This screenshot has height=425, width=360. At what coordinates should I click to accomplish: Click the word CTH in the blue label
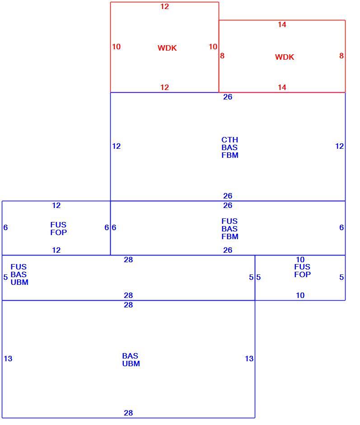click(x=230, y=140)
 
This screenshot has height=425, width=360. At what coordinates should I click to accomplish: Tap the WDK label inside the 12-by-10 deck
click(x=167, y=48)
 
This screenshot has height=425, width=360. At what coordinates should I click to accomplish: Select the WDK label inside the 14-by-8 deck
click(x=285, y=57)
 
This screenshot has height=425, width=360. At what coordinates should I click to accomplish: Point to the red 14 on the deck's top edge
click(x=282, y=25)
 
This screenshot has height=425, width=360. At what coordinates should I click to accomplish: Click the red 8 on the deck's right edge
click(x=341, y=56)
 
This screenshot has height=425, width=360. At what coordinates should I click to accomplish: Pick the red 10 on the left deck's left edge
click(x=116, y=47)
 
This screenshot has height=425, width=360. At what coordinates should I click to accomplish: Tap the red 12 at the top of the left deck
click(x=164, y=6)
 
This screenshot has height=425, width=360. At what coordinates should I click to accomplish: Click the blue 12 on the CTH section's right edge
click(x=339, y=146)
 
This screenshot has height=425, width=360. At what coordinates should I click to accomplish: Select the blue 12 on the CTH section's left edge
click(x=116, y=146)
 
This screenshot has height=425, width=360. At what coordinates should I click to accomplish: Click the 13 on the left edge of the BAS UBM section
click(x=8, y=359)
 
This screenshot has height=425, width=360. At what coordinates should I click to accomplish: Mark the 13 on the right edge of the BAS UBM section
click(x=249, y=359)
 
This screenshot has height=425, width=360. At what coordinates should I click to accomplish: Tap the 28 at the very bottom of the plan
click(x=128, y=413)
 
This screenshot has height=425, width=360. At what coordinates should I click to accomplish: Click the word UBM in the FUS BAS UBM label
click(x=19, y=283)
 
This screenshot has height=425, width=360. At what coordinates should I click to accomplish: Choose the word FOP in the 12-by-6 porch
click(x=59, y=232)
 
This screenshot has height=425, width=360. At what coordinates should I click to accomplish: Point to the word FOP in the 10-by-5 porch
click(x=302, y=274)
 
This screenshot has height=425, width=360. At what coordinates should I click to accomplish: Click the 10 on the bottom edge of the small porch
click(x=300, y=295)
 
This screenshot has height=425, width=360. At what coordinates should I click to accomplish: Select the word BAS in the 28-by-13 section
click(x=130, y=356)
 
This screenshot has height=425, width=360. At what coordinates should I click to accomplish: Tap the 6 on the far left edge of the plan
click(x=5, y=228)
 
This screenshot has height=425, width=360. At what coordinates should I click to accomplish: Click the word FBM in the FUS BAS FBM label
click(x=230, y=236)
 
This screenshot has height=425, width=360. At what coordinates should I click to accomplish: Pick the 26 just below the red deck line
click(x=228, y=97)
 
